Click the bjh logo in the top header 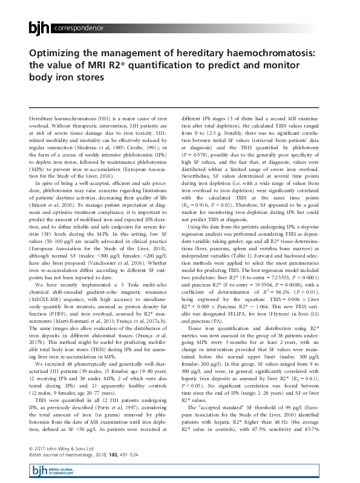(x=40, y=28)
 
